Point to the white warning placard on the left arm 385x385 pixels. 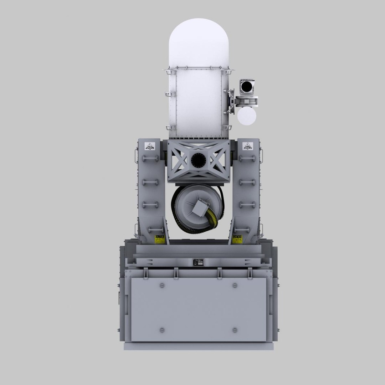click(x=150, y=146)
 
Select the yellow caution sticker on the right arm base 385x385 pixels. click(x=237, y=238)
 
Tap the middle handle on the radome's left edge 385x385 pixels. click(x=167, y=94)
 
